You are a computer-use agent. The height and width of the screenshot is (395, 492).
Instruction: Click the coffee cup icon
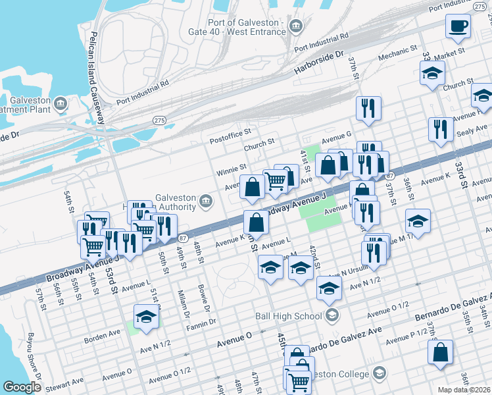(458, 26)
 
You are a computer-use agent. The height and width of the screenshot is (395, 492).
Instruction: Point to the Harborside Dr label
(320, 63)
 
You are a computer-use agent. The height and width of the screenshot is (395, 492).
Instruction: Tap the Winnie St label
(232, 171)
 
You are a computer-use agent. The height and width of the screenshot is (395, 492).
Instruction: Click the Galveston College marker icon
(379, 374)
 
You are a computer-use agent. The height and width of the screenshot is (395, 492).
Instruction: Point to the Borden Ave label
(102, 339)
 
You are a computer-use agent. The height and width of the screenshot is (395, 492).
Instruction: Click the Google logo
(22, 387)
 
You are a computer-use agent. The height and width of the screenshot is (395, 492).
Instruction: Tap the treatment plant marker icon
(61, 104)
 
